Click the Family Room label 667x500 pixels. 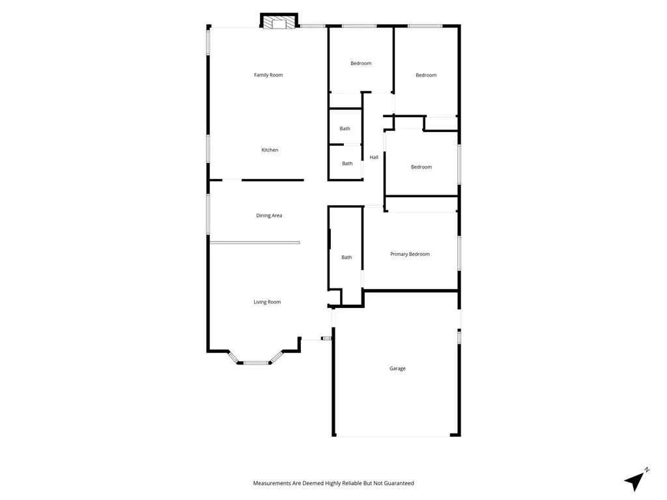click(268, 75)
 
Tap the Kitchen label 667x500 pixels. click(270, 150)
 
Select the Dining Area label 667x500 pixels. click(269, 215)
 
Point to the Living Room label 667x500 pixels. click(267, 302)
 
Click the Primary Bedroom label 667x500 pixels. click(410, 254)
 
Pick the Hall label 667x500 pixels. click(374, 158)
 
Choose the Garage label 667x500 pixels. click(397, 368)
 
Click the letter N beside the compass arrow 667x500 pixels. click(647, 469)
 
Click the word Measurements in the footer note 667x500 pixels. click(272, 483)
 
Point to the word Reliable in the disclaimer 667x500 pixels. click(350, 483)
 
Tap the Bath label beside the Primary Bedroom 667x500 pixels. click(347, 257)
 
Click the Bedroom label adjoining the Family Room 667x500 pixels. click(361, 63)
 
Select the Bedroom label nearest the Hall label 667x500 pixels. click(421, 167)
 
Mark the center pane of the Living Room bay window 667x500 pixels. click(256, 363)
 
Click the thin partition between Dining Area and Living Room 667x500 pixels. click(255, 243)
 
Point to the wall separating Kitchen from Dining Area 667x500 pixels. click(274, 180)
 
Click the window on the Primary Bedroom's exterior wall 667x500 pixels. click(459, 253)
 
